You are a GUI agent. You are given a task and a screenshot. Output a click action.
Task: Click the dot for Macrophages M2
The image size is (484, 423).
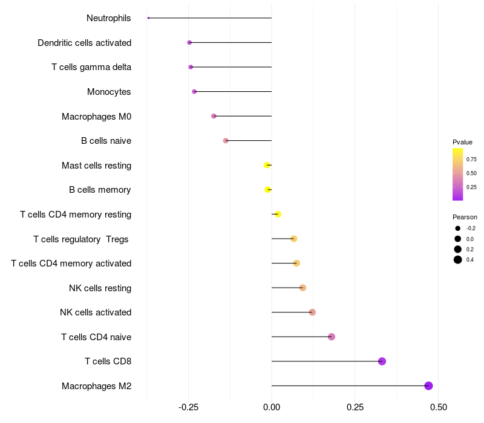[x=428, y=386]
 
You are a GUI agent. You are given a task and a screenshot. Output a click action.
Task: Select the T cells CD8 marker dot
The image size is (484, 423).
[x=382, y=361]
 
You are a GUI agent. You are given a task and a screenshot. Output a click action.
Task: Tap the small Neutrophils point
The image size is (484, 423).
[x=148, y=18]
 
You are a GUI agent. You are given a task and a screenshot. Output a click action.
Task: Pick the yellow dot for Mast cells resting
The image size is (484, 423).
[x=267, y=165]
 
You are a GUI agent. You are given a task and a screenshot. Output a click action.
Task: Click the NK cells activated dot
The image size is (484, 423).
[x=312, y=312]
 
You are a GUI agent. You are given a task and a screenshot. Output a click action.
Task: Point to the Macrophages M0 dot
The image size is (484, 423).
[x=214, y=116]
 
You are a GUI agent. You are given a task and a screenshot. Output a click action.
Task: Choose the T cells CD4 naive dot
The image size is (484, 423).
[x=332, y=337]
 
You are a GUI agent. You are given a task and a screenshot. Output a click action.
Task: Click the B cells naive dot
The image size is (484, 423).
[x=226, y=141]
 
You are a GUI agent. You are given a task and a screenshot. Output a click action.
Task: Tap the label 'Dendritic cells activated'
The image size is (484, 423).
[x=85, y=43]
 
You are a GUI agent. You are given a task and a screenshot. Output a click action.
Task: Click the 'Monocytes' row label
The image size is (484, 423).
[x=109, y=92]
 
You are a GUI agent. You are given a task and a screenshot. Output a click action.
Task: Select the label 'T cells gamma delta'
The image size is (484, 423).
[x=91, y=67]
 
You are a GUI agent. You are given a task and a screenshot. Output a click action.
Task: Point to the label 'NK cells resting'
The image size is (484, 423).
[x=100, y=288]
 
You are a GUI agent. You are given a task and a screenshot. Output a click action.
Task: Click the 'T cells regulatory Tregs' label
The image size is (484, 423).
[x=81, y=239]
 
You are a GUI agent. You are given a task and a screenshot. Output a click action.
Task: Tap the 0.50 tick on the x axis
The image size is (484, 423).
[x=438, y=407]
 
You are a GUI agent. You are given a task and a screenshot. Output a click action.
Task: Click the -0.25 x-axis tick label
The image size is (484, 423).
[x=188, y=407]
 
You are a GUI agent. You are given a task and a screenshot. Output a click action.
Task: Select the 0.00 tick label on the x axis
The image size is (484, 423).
[x=272, y=407]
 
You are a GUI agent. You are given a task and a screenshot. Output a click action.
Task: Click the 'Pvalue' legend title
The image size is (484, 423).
[x=462, y=142]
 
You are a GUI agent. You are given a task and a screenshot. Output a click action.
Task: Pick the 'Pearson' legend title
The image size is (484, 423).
[x=465, y=217]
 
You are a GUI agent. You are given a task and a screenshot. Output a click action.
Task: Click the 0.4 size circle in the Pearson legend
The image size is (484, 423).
[x=458, y=260]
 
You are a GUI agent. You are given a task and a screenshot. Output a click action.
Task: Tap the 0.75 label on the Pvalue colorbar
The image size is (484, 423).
[x=471, y=160]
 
